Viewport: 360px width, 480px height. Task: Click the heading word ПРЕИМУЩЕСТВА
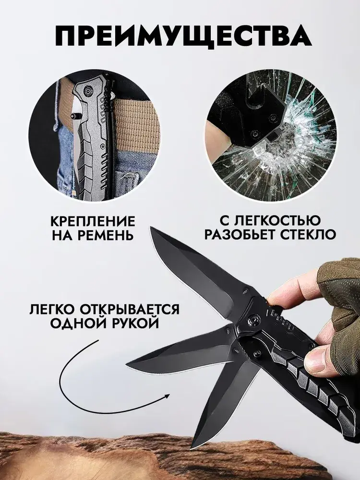tap(183, 36)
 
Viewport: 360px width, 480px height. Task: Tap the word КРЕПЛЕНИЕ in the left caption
tap(93, 221)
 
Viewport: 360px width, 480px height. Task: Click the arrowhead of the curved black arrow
tap(167, 396)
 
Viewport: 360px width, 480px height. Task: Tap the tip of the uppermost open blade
tap(151, 228)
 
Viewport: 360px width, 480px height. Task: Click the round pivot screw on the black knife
tap(253, 320)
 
